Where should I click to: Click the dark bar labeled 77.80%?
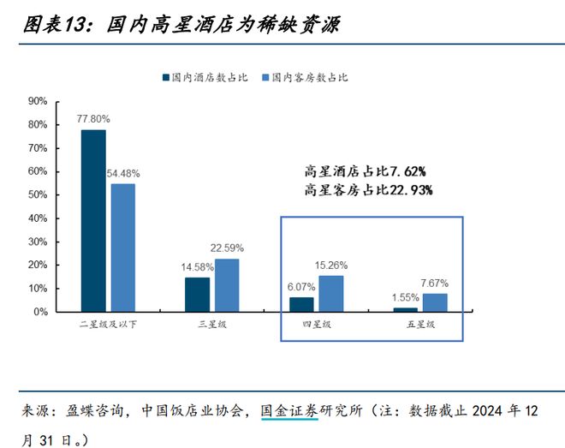coord(93,221)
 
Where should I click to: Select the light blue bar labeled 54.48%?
coord(122,248)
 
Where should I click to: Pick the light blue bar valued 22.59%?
coord(227,285)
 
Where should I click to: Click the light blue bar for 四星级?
coord(330,294)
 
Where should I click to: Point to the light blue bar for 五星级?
coord(434,303)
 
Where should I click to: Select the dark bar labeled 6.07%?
coord(301,304)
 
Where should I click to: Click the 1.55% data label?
coord(405,296)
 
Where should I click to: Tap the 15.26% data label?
coord(330,266)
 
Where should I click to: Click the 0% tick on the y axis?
coord(40,312)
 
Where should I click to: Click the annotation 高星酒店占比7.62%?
coord(366,170)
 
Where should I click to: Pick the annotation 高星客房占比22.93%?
coord(369,189)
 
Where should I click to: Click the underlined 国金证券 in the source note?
coord(289,411)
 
